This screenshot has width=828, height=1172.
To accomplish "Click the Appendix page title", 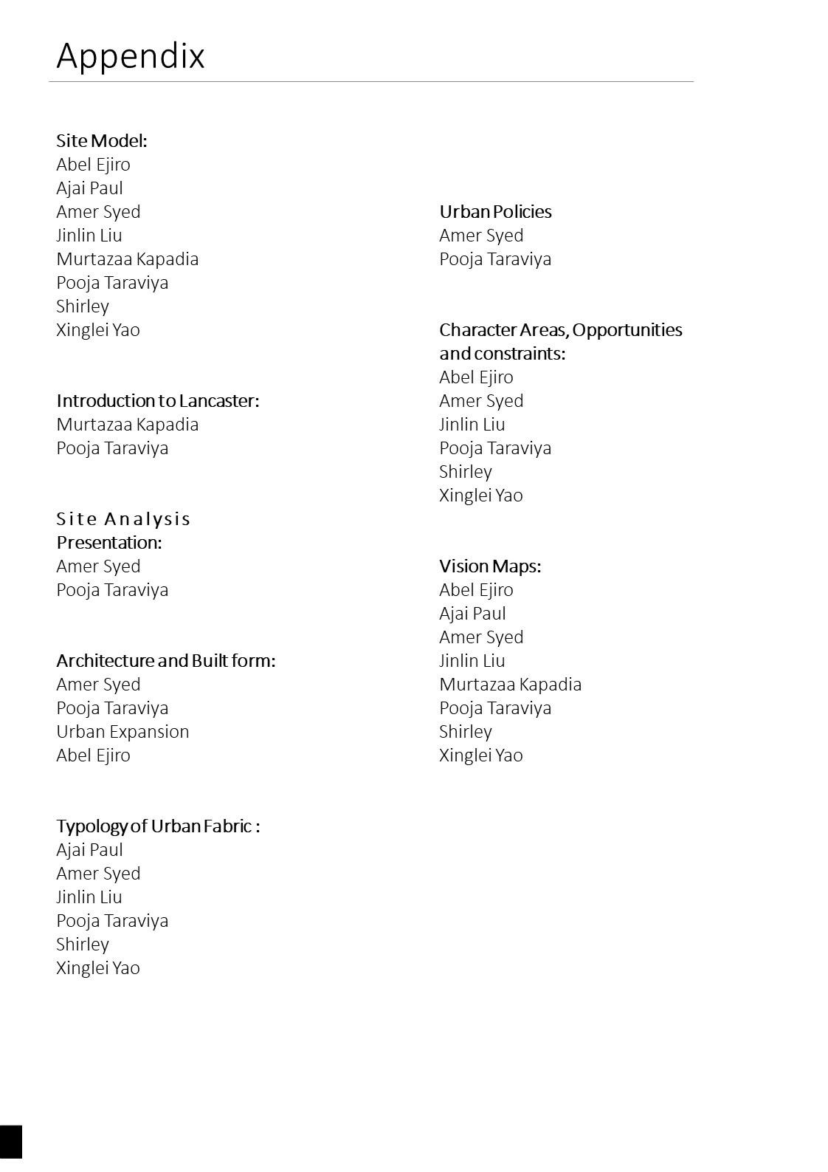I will coord(131,56).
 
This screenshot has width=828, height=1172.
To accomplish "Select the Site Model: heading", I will coord(102,140).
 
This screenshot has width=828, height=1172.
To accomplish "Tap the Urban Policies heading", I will coord(495,211).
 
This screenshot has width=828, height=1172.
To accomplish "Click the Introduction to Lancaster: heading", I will coord(158,400).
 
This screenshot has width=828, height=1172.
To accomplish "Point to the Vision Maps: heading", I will coord(490,566).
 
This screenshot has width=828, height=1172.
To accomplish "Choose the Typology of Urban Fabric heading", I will coord(158,826).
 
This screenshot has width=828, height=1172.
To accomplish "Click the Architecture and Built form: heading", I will coord(166,660).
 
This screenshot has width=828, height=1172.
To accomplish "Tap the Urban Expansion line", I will coord(123,731).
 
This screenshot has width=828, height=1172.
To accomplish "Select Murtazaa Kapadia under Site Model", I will coord(128,258).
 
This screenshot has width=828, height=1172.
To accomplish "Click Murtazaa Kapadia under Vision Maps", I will coord(510,684).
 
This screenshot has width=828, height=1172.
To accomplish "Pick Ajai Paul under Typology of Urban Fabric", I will coord(89,849).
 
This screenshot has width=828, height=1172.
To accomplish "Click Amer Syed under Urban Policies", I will coord(481,235).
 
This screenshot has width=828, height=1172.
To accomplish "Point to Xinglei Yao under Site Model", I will coord(98,329).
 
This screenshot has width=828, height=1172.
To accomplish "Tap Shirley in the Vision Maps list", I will coord(465,731).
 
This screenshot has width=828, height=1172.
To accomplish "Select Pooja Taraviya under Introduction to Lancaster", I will coord(112,448).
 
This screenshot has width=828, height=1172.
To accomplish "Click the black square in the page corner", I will coord(11,1142).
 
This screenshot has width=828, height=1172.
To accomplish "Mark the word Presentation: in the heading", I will coord(109,542).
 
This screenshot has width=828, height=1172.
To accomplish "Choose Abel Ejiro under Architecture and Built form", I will coord(93,755).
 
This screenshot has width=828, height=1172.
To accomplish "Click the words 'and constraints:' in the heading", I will coord(502,353).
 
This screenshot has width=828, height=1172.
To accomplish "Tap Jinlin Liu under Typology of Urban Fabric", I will coord(89,897).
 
